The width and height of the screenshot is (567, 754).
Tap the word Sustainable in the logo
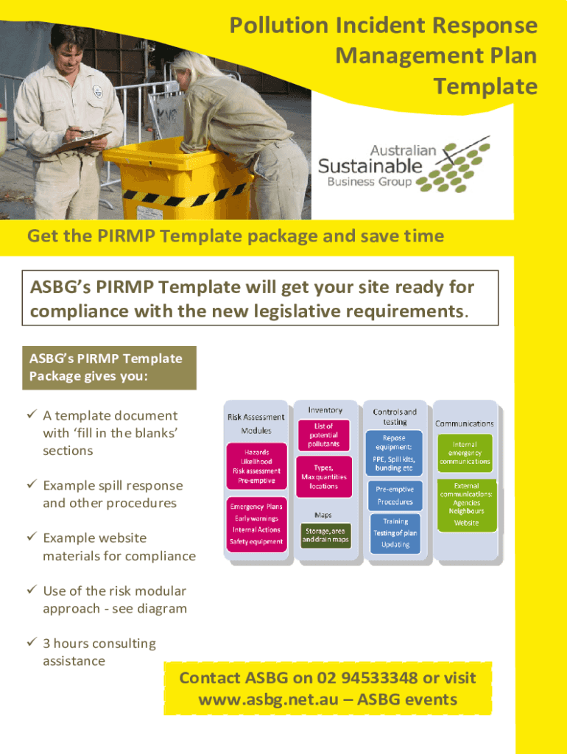coord(370,165)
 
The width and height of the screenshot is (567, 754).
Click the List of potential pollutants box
coord(324,435)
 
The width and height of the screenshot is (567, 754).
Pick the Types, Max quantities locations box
coord(324,476)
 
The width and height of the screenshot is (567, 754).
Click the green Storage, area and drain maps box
coord(324,535)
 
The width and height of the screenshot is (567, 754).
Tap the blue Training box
coord(395,532)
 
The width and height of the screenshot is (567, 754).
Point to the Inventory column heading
coord(325,410)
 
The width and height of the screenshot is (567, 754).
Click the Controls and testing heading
coord(395,417)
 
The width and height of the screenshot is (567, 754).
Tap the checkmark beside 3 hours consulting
coord(32,644)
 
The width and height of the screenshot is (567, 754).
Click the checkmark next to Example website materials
coord(32,538)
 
